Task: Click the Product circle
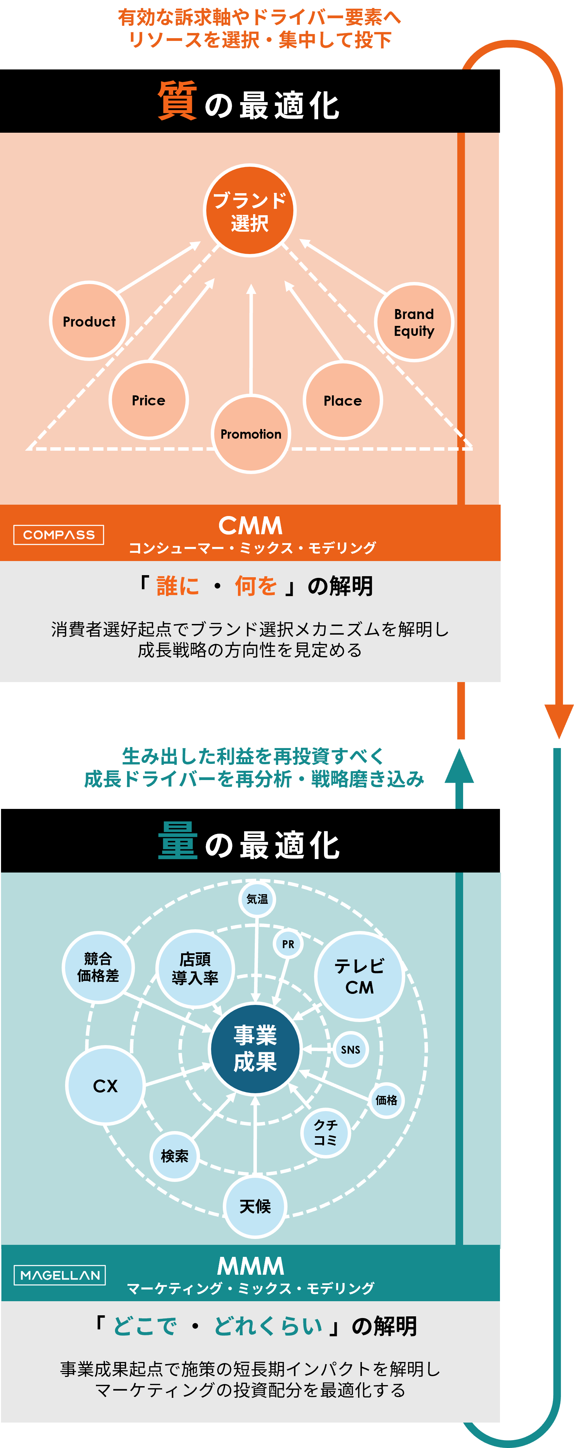89,321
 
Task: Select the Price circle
148,400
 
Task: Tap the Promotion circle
251,434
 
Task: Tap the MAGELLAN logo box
60,1275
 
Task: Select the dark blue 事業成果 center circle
255,1048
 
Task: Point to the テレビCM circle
359,976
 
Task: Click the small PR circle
288,944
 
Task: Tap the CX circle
105,1085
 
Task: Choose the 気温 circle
257,899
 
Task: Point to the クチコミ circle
325,1132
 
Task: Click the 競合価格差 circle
98,967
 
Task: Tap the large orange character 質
177,101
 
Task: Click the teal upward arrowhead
459,767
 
